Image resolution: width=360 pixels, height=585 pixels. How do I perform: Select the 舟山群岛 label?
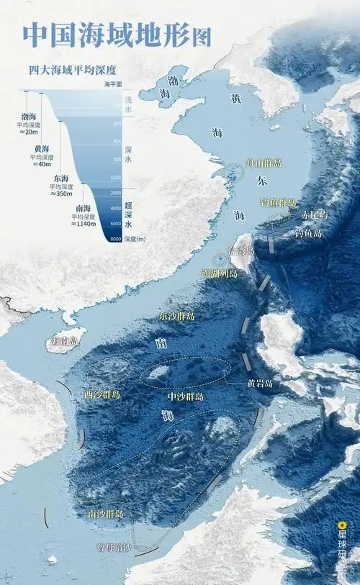(x=264, y=163)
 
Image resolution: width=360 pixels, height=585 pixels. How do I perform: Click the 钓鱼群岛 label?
(x=278, y=203)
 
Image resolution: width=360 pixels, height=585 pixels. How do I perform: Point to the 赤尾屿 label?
(x=314, y=214)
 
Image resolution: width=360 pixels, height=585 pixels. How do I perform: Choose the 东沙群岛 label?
(x=176, y=316)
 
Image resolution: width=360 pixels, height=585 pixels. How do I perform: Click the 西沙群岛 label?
(x=102, y=394)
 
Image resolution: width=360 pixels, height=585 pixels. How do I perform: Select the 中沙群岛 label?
(x=185, y=396)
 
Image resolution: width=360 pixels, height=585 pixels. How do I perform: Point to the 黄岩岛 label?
(x=259, y=384)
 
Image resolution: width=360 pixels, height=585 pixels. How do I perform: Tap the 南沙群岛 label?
(x=106, y=514)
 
